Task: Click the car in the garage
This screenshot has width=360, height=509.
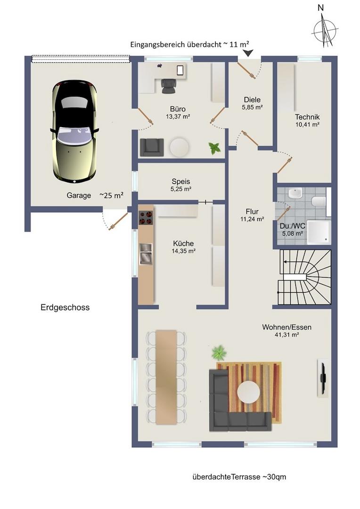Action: point(74,132)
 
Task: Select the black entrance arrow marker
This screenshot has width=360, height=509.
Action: point(248,53)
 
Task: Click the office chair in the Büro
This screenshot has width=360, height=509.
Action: point(169,86)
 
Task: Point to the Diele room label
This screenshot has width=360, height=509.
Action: point(252,99)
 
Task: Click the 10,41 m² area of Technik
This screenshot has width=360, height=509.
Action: point(307,124)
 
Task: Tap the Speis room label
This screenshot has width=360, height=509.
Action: point(181,181)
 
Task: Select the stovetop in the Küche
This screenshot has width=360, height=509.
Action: point(146,217)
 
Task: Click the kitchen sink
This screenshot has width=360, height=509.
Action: point(146,254)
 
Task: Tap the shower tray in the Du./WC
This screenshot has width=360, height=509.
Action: point(319,232)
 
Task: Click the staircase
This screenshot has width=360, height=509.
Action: point(304,277)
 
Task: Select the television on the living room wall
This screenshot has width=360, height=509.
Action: point(323,377)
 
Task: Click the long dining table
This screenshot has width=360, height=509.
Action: point(166,377)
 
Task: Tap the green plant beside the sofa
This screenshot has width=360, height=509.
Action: point(219,353)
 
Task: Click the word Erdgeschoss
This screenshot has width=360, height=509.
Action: point(65,307)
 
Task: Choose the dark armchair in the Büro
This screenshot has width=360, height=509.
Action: point(152,147)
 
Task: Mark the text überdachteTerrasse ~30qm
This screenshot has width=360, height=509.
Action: point(239,477)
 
